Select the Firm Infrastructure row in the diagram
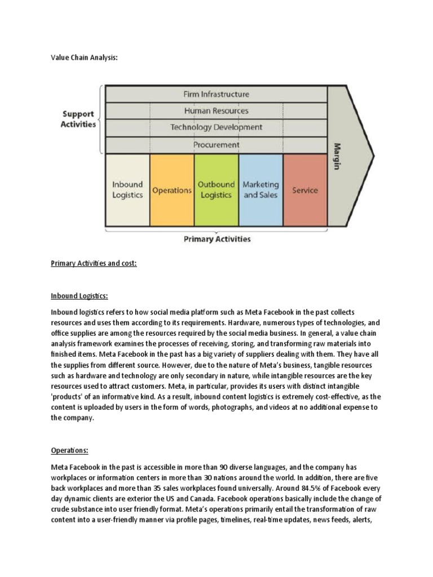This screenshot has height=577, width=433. tap(216, 94)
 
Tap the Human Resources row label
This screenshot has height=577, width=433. tap(216, 110)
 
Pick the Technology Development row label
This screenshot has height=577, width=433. tap(216, 127)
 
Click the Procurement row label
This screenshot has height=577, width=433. tap(216, 145)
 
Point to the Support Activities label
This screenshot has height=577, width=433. tap(78, 119)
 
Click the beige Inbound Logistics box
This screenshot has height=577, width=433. tap(127, 190)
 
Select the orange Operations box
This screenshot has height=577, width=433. tap(172, 190)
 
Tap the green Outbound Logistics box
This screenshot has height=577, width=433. tap(216, 190)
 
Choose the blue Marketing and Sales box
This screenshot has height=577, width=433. tap(260, 190)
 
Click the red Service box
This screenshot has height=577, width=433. tap(305, 190)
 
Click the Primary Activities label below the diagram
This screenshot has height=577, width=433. tap(217, 239)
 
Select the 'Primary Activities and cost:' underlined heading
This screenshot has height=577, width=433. tap(94, 264)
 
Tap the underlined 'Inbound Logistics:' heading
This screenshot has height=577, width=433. tap(79, 296)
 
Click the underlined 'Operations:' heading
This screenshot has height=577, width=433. tap(69, 451)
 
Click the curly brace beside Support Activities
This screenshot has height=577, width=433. tap(101, 119)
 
